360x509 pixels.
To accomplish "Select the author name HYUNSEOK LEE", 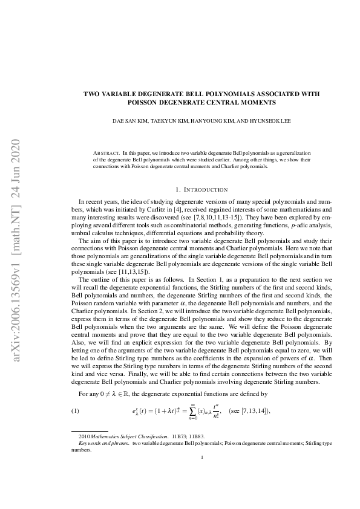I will (270, 120).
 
